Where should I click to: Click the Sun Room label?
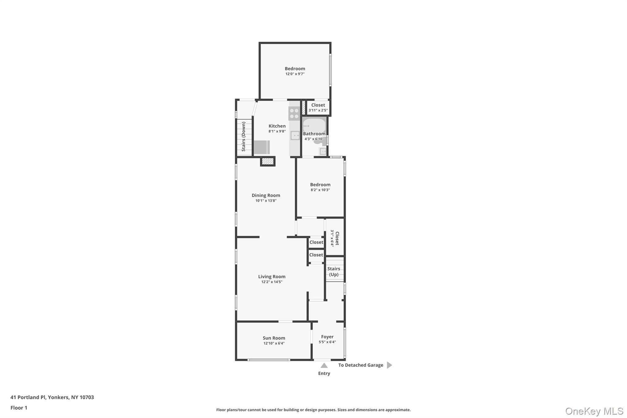274,338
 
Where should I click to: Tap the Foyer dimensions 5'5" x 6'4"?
327,342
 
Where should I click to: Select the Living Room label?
272,277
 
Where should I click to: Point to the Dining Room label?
266,195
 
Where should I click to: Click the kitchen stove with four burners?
294,114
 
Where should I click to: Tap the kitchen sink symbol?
295,135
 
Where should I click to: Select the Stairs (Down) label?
244,136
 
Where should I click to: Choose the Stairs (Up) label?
334,271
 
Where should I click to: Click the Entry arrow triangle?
324,365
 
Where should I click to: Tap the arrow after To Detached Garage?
389,365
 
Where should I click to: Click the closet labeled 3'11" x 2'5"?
318,107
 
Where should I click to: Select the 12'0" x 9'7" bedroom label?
295,71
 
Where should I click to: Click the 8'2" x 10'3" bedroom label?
320,187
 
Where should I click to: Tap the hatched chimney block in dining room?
268,161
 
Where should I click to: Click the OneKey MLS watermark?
594,411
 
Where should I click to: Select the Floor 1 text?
19,408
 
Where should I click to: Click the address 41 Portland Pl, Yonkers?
52,397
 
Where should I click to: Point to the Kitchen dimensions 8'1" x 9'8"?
277,131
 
